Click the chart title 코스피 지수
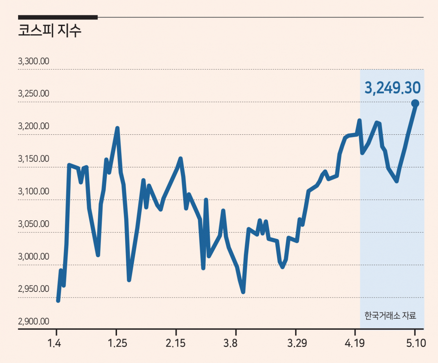(50, 30)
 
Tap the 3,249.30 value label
(392, 88)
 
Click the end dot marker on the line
(415, 103)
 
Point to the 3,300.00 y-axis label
(34, 61)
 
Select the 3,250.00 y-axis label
(34, 93)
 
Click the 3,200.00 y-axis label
(34, 126)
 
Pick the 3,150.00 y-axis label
(34, 159)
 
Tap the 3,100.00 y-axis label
(34, 192)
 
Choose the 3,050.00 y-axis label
(34, 224)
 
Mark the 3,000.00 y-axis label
(34, 257)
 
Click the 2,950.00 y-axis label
(34, 289)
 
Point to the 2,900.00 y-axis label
(34, 322)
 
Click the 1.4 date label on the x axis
(54, 343)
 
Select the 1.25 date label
(117, 343)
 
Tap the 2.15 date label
(176, 343)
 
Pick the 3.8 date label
(230, 343)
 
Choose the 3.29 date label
(297, 343)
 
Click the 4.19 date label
(355, 343)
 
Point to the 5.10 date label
(416, 343)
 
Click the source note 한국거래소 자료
(390, 316)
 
